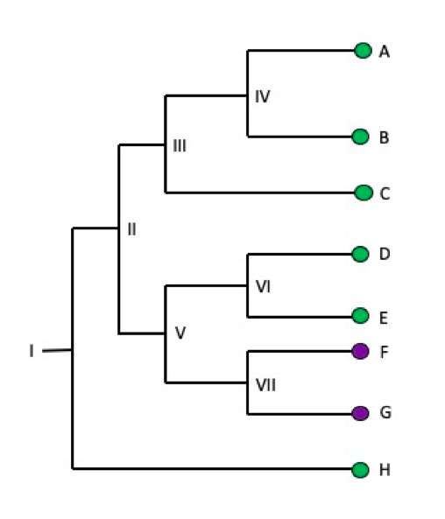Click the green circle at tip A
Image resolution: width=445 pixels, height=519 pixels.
coord(363,51)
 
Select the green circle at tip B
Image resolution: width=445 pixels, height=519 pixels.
coord(360,137)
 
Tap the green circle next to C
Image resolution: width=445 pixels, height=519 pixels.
coord(364,193)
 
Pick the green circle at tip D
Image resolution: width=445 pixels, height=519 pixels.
coord(360,254)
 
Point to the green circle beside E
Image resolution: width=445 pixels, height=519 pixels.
coord(360,315)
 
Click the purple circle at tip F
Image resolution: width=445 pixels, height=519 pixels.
coord(360,351)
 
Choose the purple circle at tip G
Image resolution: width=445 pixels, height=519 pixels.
coord(360,413)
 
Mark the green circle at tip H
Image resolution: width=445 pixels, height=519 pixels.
coord(360,470)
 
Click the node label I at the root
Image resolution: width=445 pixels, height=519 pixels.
coord(31,351)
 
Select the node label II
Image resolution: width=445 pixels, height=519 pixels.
coord(131,230)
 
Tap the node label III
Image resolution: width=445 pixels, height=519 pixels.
coord(180,146)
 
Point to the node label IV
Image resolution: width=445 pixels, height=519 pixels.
coord(262,96)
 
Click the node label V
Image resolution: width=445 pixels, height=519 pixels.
coord(180,333)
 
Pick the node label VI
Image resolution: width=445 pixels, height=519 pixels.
coord(264,286)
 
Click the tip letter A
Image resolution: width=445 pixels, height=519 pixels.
coord(384,52)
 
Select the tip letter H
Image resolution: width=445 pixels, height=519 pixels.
coord(384,471)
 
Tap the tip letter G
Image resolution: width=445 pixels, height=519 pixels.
coord(385,413)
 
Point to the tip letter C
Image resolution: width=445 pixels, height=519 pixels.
coord(385,193)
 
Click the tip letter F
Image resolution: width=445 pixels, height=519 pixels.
coord(384,352)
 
